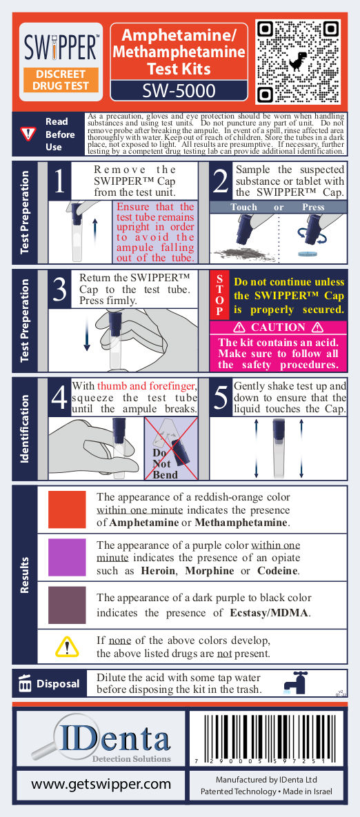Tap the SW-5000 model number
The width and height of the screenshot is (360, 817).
coord(179,91)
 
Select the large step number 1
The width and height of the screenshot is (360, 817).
coord(59,181)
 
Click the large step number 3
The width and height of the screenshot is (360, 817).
coord(60,290)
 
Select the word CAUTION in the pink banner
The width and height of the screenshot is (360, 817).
coord(278,327)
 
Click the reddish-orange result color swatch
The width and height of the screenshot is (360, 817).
coord(67,510)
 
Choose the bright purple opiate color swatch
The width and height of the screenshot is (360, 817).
coord(67,557)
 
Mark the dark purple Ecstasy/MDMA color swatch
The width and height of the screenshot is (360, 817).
coord(67,604)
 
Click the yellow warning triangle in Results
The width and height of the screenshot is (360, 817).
coord(67,647)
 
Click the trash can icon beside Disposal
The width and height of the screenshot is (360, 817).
coord(25,684)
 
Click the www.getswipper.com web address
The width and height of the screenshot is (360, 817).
coord(101,784)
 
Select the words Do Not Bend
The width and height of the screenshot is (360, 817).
coord(166,463)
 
